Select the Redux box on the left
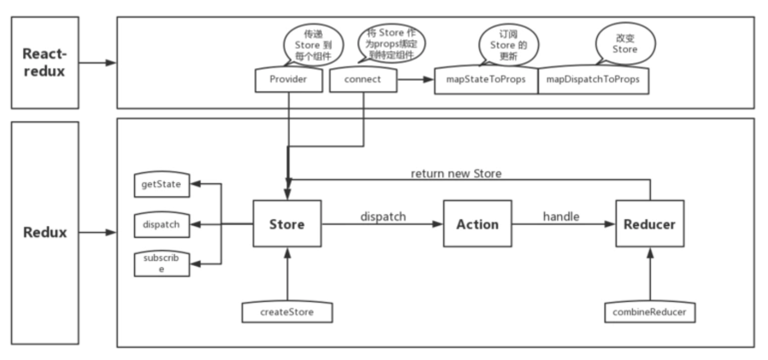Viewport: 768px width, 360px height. point(45,232)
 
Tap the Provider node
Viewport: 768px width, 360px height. point(288,80)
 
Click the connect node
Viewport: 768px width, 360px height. point(363,80)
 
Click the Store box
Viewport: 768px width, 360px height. point(287,224)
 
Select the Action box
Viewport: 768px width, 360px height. point(477,224)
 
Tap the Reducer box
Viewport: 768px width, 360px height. point(650,224)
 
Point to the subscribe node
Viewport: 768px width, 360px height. point(161,263)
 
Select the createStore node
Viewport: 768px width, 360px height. point(287,313)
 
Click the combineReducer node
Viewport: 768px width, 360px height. point(650,313)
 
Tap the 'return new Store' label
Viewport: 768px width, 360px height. point(456,173)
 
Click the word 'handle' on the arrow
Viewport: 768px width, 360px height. point(561,217)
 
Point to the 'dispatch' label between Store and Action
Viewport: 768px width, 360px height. point(383,217)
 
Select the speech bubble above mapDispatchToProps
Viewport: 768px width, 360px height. point(625,44)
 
